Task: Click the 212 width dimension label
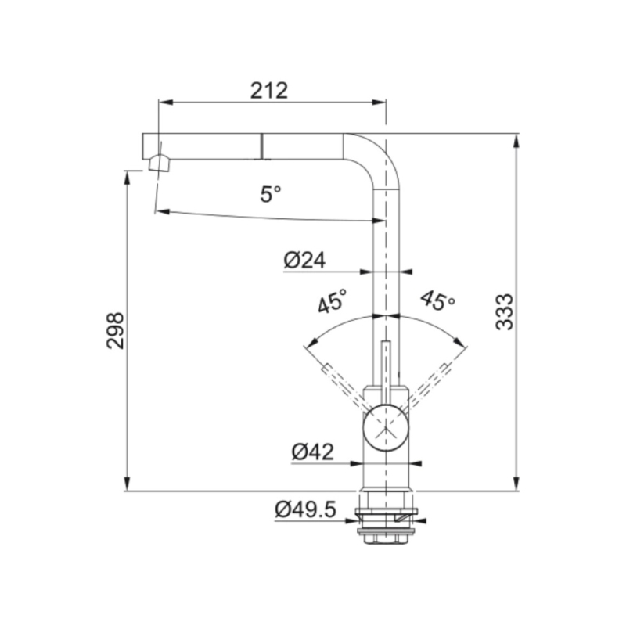pyautogui.click(x=269, y=90)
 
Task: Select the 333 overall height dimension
pyautogui.click(x=505, y=311)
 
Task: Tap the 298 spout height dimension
pyautogui.click(x=116, y=330)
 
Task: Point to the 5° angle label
pyautogui.click(x=270, y=194)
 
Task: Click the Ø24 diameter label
pyautogui.click(x=305, y=260)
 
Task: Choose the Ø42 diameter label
pyautogui.click(x=313, y=451)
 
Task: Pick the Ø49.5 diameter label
pyautogui.click(x=305, y=510)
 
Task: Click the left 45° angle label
pyautogui.click(x=333, y=301)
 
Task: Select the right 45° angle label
pyautogui.click(x=437, y=300)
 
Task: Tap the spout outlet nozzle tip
pyautogui.click(x=157, y=163)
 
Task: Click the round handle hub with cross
pyautogui.click(x=386, y=430)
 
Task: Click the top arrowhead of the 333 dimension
pyautogui.click(x=516, y=140)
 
